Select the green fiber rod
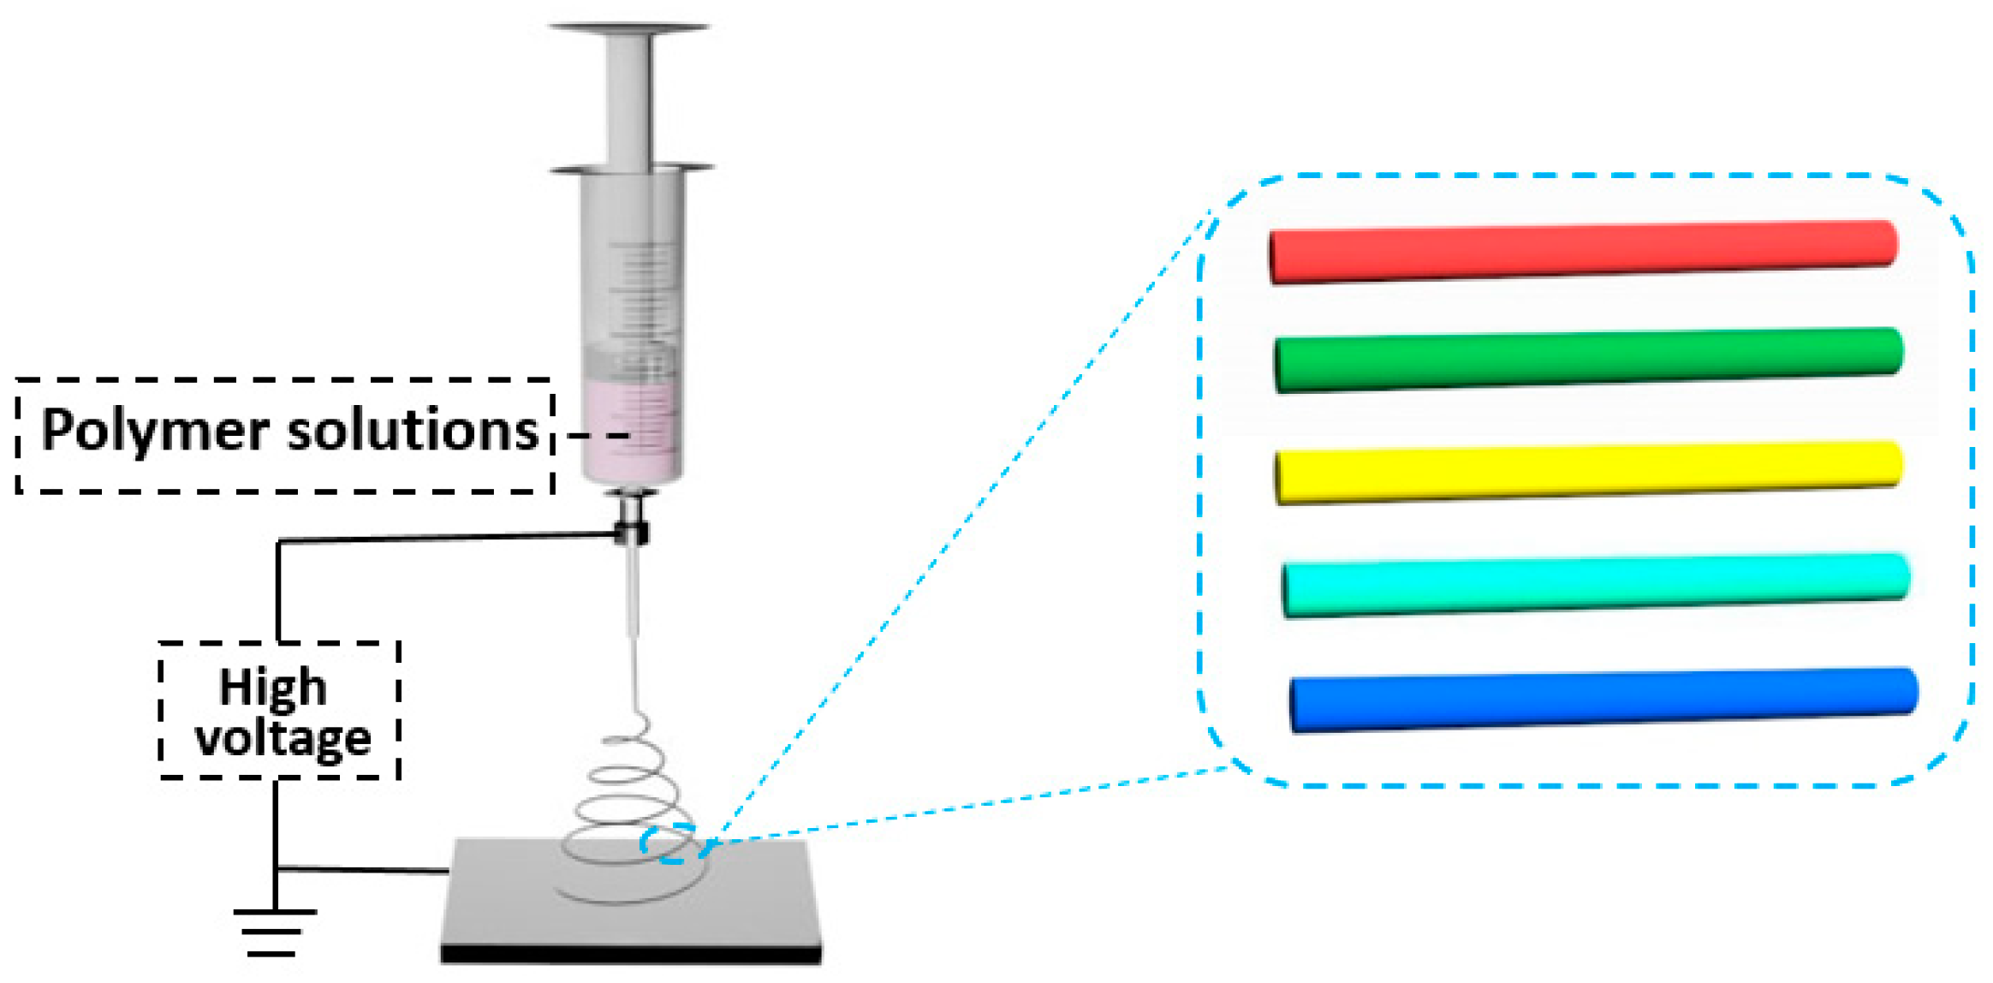click(1588, 360)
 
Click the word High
click(273, 688)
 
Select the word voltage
click(283, 739)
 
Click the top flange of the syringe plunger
click(630, 28)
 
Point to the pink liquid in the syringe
click(633, 432)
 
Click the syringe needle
click(634, 591)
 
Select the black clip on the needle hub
click(633, 533)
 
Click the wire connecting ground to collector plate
click(364, 870)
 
